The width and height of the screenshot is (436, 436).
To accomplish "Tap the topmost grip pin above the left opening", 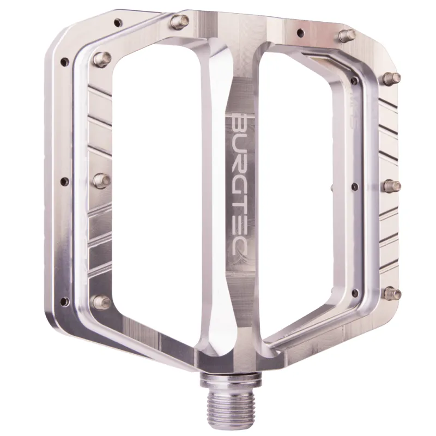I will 177,22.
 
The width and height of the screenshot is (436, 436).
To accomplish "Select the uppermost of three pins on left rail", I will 102,57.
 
